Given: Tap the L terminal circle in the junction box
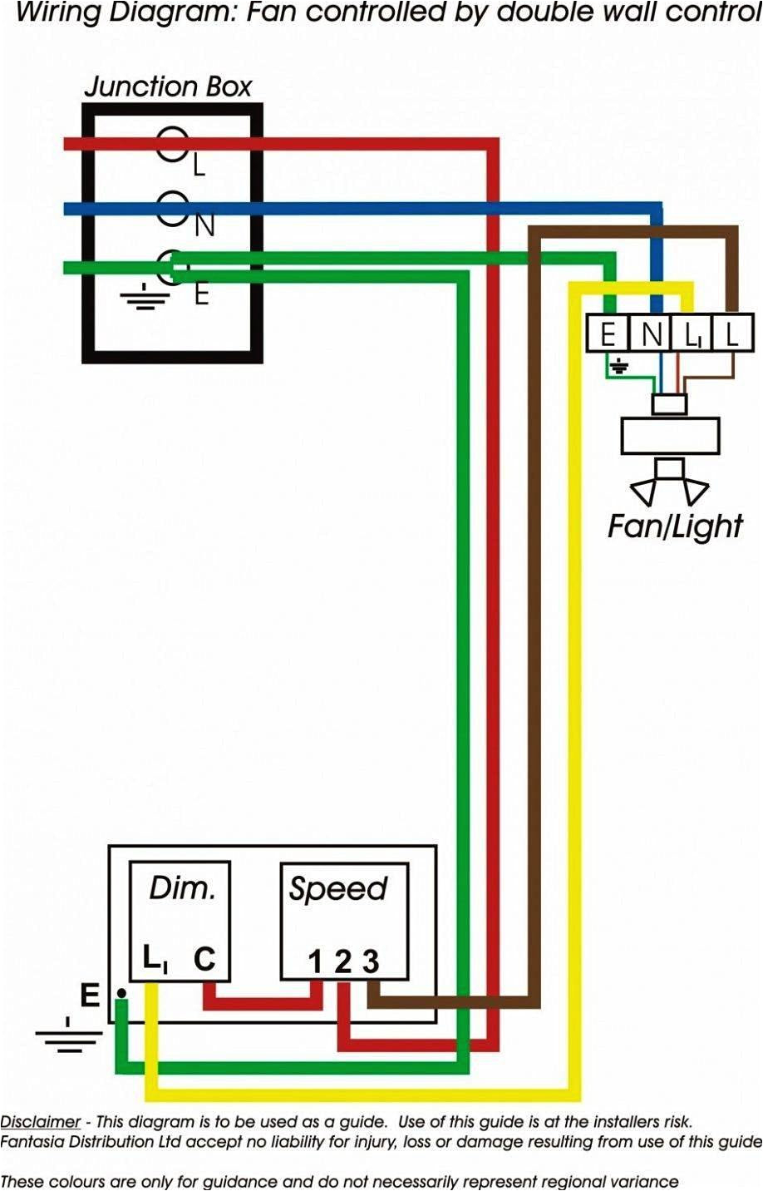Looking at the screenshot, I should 172,143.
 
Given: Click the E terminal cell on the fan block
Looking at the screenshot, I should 608,334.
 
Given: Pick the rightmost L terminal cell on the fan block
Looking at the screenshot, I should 732,334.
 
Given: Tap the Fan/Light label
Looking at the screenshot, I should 674,526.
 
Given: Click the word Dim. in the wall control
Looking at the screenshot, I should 182,888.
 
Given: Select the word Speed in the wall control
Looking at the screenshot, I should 337,889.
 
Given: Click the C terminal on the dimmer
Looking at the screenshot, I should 204,959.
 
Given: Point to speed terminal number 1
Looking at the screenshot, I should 315,962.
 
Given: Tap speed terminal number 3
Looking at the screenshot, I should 371,962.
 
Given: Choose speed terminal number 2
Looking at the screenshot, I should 342,962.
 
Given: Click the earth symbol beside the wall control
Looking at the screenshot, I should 68,1035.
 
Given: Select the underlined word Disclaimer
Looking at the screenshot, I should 40,1122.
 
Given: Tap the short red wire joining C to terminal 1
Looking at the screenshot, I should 263,1002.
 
